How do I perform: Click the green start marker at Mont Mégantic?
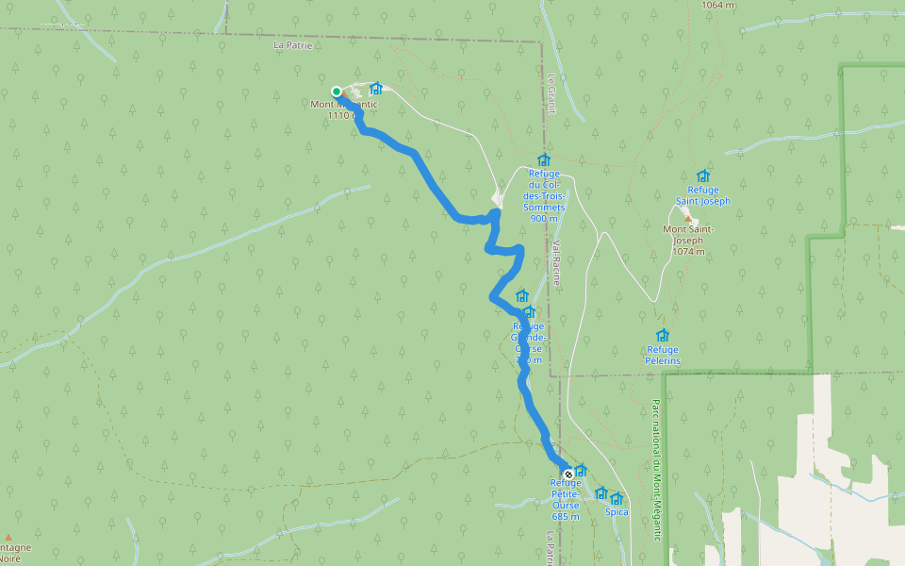tap(337, 92)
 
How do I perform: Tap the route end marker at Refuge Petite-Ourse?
tap(568, 474)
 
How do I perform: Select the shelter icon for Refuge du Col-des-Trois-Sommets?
tap(543, 159)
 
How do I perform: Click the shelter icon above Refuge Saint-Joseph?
tap(702, 175)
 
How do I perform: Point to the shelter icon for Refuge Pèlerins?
tap(663, 335)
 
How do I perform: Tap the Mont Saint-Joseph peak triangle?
tap(687, 218)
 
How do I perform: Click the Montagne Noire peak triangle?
tap(8, 537)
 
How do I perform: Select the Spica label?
tap(617, 512)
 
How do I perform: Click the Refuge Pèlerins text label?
tap(663, 355)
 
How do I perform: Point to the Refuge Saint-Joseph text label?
tap(702, 195)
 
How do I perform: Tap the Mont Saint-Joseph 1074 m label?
tap(688, 241)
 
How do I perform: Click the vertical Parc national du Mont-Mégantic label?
tap(655, 469)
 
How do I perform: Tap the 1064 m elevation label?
tap(718, 5)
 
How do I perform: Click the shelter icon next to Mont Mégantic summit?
tap(376, 88)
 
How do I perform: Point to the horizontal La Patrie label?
tap(292, 44)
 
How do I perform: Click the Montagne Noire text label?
tap(13, 553)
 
